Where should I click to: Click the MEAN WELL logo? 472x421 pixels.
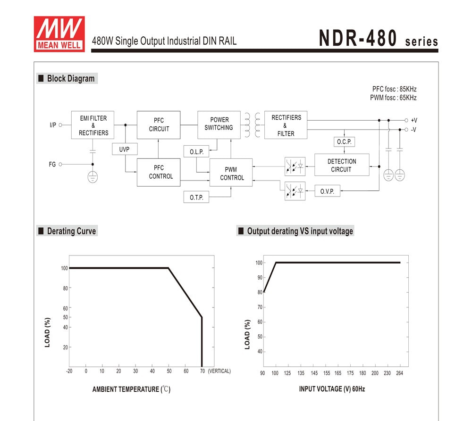point(59,33)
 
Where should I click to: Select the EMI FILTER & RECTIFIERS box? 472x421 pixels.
point(93,125)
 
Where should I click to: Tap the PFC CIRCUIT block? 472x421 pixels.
point(159,125)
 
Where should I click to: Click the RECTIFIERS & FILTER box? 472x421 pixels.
point(286,125)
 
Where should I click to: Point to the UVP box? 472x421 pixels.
point(125,149)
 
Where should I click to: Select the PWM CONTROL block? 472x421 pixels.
point(231,173)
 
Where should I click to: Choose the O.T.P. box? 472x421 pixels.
point(196,197)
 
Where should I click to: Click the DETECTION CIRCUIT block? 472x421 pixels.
point(341,165)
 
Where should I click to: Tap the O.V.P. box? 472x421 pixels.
point(327,191)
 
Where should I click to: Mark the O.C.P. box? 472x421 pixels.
point(344,142)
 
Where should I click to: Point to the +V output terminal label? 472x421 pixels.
point(414,121)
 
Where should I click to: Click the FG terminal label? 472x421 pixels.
point(52,165)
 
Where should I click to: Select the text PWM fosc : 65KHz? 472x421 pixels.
point(393,98)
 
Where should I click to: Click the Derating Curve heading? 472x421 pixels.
point(71,231)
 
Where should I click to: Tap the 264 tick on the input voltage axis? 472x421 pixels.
point(399,373)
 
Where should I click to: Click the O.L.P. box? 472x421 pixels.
point(196,152)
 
